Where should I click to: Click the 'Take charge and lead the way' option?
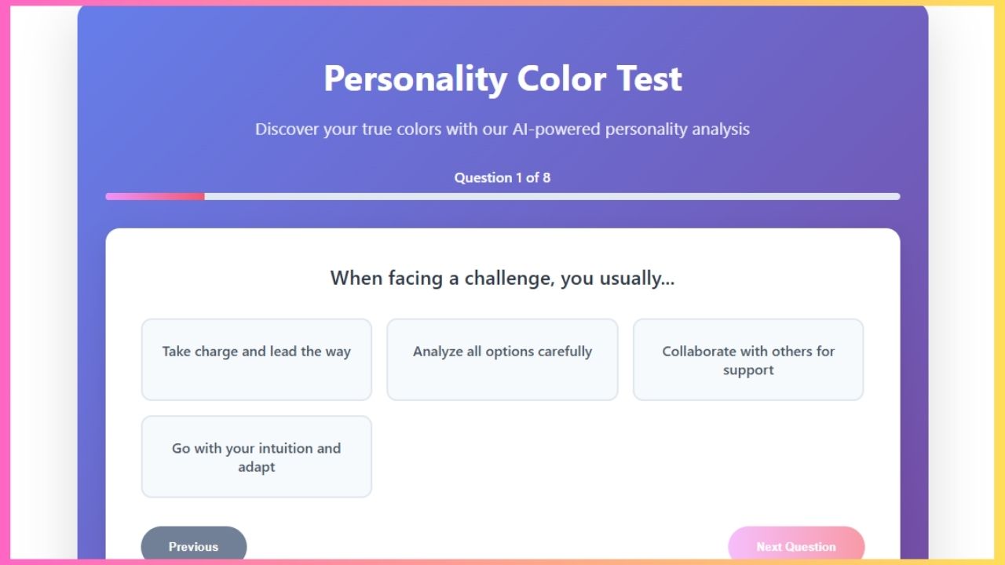pos(256,359)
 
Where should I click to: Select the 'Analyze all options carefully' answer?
pos(502,359)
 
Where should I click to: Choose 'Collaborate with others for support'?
pos(748,359)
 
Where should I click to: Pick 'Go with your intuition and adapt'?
pos(256,457)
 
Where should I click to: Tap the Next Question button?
pos(796,546)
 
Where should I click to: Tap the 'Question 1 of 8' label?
pos(502,177)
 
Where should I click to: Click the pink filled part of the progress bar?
pos(155,196)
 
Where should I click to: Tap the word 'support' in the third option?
pos(748,370)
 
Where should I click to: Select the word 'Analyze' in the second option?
pos(438,352)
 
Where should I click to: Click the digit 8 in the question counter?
pos(546,177)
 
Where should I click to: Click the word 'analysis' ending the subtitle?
pos(720,129)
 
